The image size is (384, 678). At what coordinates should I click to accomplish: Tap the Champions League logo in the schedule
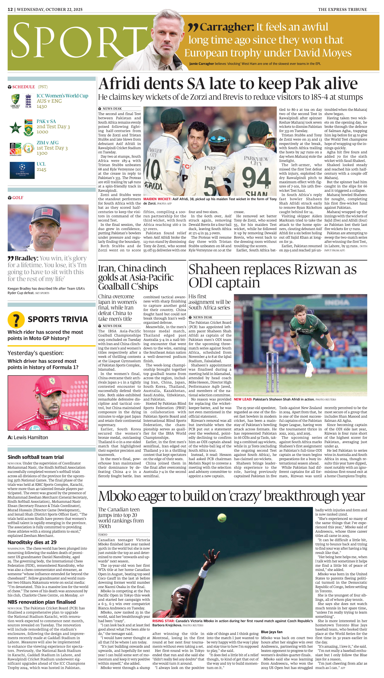pyautogui.click(x=22, y=170)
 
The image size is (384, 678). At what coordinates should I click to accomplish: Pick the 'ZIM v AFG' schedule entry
pyautogui.click(x=47, y=143)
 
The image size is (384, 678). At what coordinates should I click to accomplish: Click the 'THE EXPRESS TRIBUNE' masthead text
pyautogui.click(x=342, y=10)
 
